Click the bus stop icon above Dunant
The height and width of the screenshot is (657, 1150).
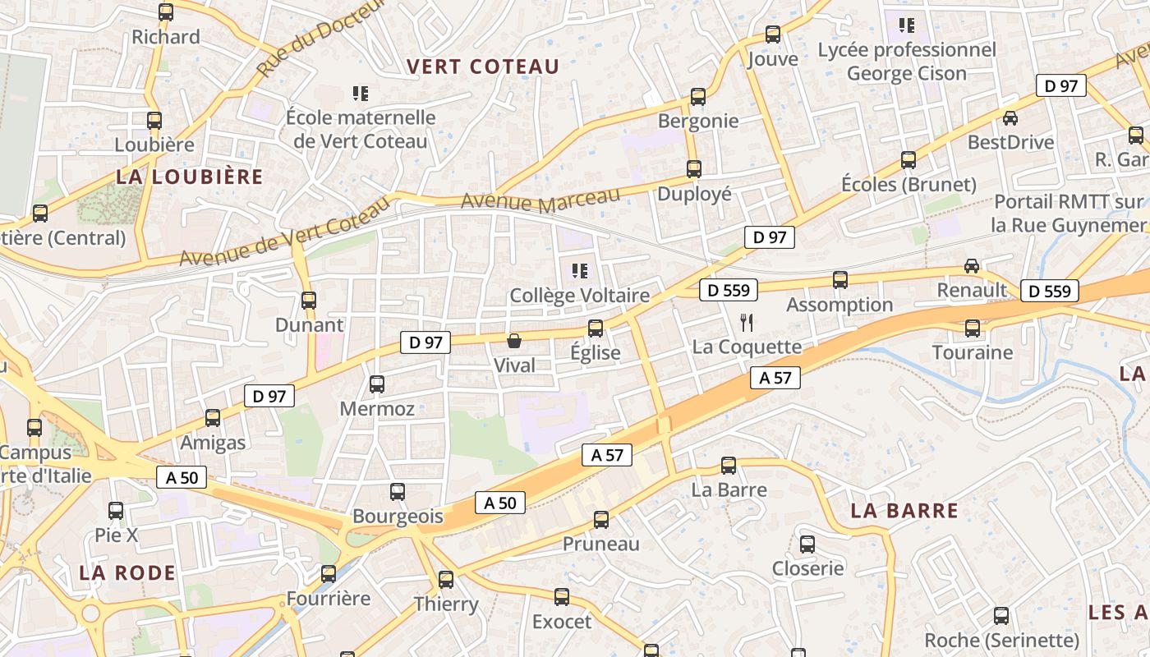pos(309,301)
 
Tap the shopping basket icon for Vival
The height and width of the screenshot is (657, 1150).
pos(514,340)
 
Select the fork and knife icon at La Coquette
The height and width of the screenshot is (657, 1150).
pos(746,322)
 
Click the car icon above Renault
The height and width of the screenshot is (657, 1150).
pos(972,265)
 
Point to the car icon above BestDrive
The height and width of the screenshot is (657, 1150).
pos(1010,118)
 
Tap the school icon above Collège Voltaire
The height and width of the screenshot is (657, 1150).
pos(580,270)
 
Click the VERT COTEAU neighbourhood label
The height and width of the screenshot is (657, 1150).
pos(483,67)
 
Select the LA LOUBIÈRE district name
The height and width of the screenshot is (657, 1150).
pos(190,177)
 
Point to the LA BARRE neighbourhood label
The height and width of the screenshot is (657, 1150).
pos(904,511)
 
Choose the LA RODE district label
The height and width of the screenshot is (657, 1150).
pos(127,572)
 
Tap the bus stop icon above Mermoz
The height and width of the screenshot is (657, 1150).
pos(377,384)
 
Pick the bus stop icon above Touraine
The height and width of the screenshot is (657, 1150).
pos(973,328)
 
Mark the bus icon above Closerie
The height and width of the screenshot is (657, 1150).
pos(807,544)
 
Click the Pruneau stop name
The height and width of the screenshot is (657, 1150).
pos(600,544)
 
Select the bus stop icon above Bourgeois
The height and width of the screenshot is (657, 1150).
pos(398,492)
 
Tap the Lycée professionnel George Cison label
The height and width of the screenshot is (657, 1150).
pos(907,62)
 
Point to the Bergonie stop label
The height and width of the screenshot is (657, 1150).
pos(698,121)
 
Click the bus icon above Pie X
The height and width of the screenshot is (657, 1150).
pos(116,511)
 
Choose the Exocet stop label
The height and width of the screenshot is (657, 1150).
pos(562,622)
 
